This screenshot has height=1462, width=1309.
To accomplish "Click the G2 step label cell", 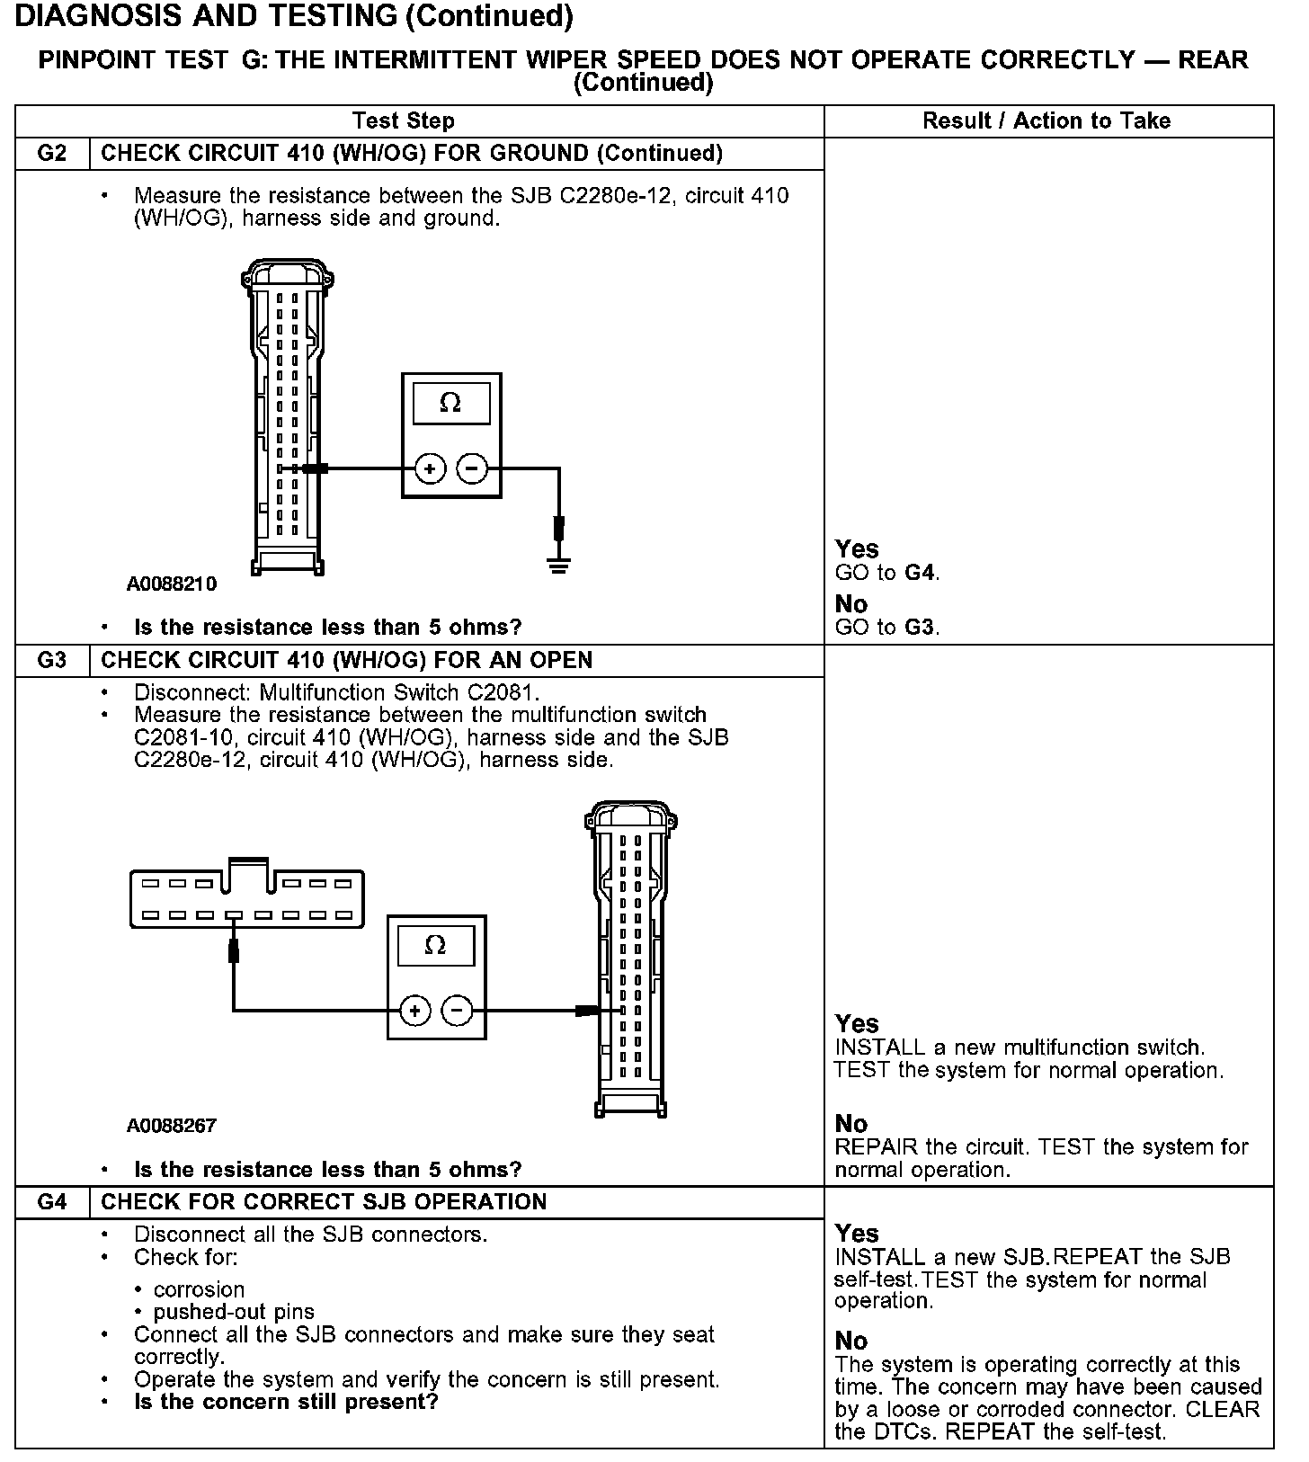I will click(52, 154).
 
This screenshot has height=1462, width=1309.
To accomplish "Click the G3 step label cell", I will click(52, 661).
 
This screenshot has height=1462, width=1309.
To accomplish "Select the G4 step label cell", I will click(52, 1202).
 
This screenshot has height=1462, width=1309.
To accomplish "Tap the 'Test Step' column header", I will click(404, 121).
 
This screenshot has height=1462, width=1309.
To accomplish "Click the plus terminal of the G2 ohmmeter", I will click(430, 468).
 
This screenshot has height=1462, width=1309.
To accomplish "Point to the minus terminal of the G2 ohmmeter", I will click(472, 468).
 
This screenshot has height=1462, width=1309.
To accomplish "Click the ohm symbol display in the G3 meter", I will click(436, 946).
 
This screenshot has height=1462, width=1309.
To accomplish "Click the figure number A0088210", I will click(172, 584).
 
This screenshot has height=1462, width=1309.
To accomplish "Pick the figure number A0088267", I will click(172, 1126).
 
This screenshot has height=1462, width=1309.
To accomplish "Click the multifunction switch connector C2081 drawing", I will click(247, 898).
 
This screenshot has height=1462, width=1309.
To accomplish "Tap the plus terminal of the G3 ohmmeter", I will click(414, 1011).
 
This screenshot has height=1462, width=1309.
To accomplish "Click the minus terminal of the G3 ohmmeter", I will click(458, 1011).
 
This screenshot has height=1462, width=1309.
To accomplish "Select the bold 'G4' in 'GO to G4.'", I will click(921, 573).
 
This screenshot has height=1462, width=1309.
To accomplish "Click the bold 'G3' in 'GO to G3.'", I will click(921, 628).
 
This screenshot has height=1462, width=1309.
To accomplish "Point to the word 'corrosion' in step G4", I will click(199, 1289).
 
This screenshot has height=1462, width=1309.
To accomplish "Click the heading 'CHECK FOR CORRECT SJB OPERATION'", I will click(324, 1202).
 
